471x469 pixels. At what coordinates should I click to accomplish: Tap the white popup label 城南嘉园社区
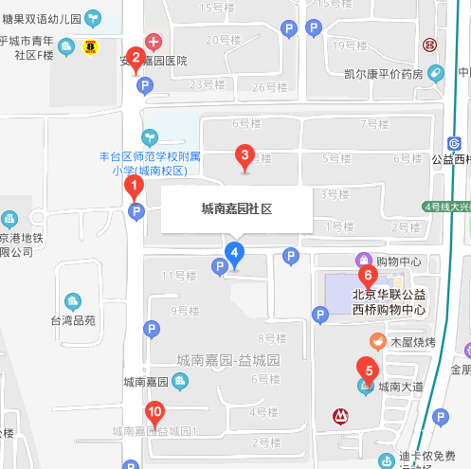pyautogui.click(x=236, y=207)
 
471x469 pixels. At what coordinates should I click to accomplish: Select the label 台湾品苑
pyautogui.click(x=74, y=320)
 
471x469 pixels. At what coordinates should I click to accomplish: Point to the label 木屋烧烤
pyautogui.click(x=409, y=341)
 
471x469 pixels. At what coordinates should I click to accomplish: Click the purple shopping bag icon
pyautogui.click(x=362, y=260)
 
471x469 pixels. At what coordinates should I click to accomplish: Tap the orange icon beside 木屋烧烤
pyautogui.click(x=376, y=341)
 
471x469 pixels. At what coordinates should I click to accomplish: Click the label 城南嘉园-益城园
pyautogui.click(x=228, y=360)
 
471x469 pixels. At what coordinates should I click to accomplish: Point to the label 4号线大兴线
pyautogui.click(x=445, y=207)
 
